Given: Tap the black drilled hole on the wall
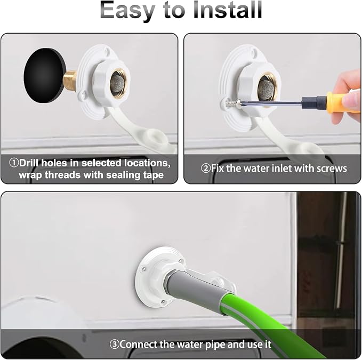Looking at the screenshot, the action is [x=44, y=75].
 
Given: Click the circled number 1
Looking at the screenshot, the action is [x=14, y=163].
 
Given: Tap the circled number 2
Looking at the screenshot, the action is [x=205, y=169].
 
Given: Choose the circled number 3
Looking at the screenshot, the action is [x=114, y=345].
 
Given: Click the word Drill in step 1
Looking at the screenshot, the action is [x=29, y=163].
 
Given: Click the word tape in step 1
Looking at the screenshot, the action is [x=154, y=175].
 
